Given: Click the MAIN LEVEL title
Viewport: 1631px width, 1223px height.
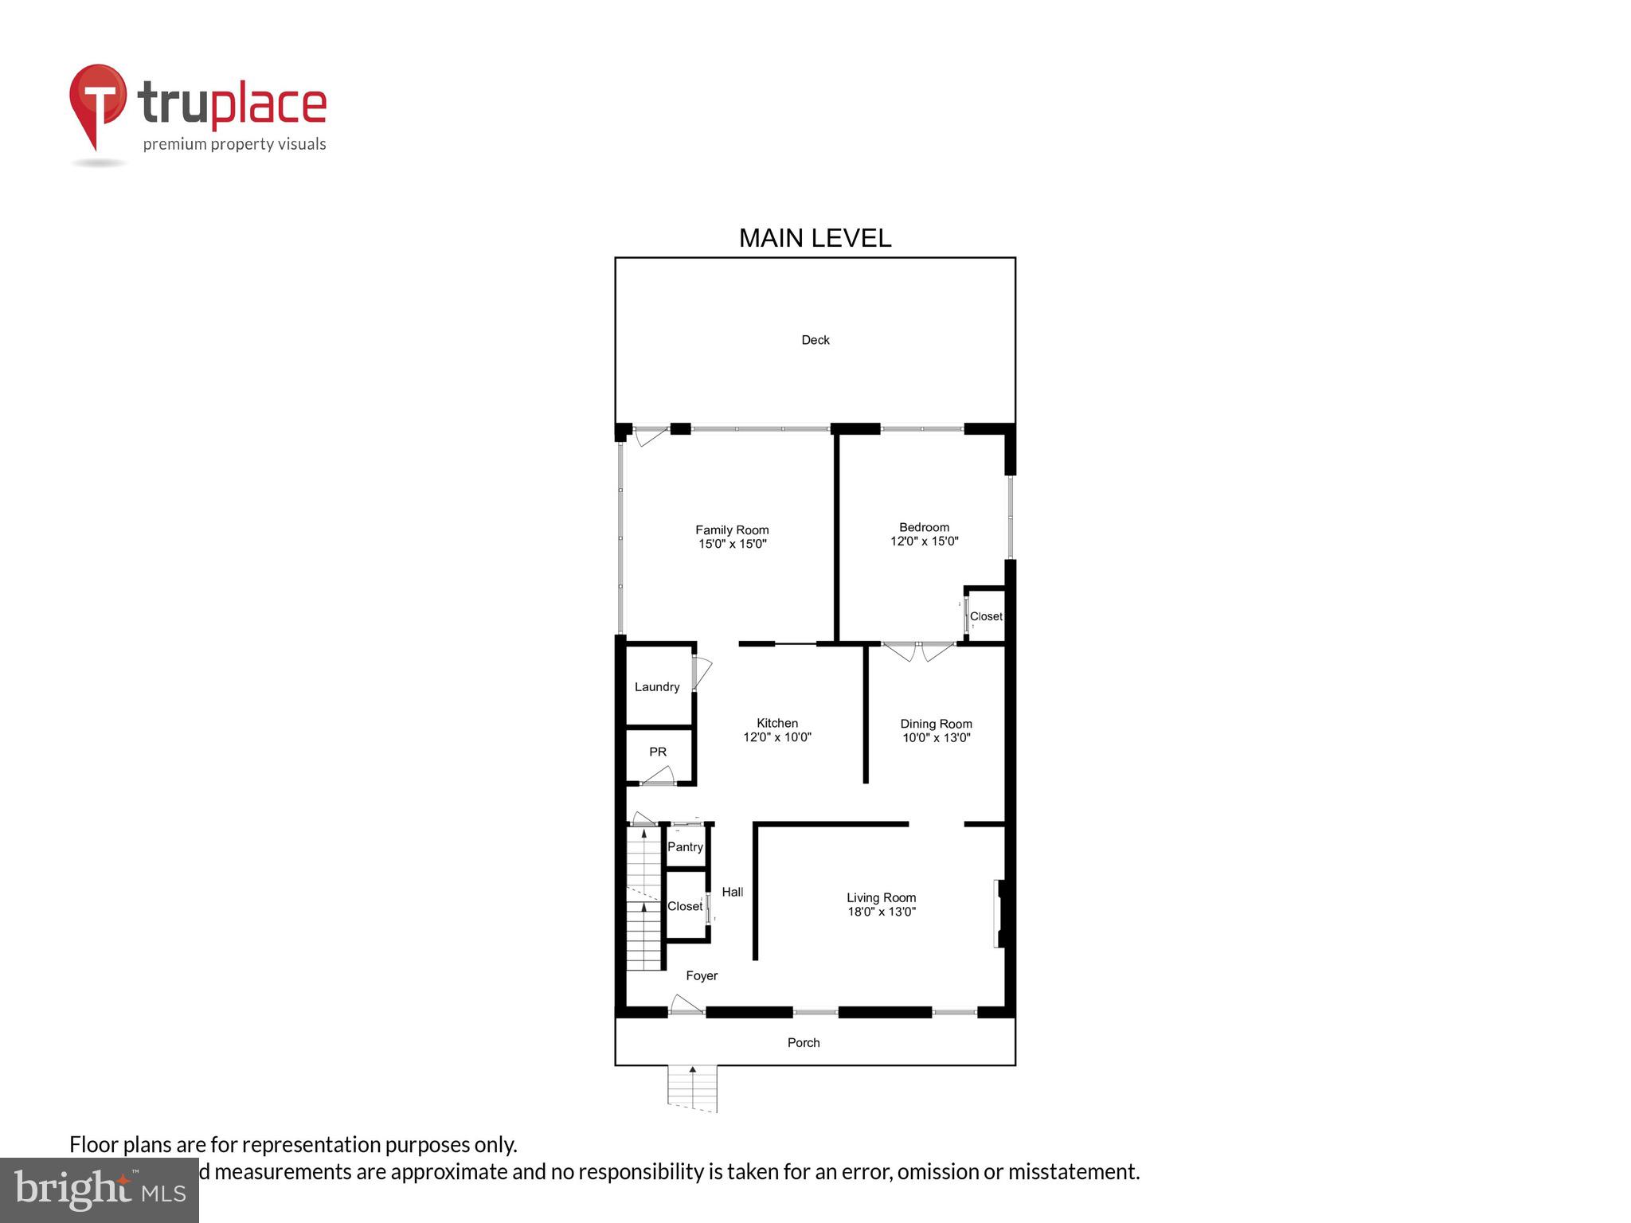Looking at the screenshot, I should pyautogui.click(x=815, y=238).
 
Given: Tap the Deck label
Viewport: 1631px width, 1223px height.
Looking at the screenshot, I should pyautogui.click(x=815, y=340).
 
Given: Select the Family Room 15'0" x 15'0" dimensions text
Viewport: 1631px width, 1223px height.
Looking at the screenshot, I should pyautogui.click(x=732, y=545).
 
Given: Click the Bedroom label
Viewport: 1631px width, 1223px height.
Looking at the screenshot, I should pyautogui.click(x=924, y=527).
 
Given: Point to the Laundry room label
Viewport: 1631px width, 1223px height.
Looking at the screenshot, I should pyautogui.click(x=657, y=687).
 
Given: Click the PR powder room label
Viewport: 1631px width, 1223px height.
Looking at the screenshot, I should pyautogui.click(x=658, y=752).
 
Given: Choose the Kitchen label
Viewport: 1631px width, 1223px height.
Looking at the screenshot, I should pyautogui.click(x=776, y=723).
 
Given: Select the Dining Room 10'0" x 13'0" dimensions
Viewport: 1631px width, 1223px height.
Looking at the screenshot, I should pyautogui.click(x=936, y=738).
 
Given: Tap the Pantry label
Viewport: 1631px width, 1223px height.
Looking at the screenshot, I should pyautogui.click(x=685, y=847).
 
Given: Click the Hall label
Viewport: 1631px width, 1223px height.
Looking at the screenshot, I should pyautogui.click(x=733, y=892).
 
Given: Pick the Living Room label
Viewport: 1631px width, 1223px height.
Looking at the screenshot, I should pyautogui.click(x=881, y=897).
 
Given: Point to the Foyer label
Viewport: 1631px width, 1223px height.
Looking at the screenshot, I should pyautogui.click(x=702, y=975).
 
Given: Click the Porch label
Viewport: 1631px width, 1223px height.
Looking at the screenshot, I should pyautogui.click(x=804, y=1042).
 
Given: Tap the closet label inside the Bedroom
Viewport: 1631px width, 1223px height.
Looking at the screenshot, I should pyautogui.click(x=986, y=616).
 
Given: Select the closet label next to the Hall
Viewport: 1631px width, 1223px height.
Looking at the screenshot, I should pyautogui.click(x=685, y=906).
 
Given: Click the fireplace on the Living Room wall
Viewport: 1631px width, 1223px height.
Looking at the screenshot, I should pyautogui.click(x=999, y=913).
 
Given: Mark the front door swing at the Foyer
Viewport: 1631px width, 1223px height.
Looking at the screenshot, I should pyautogui.click(x=686, y=1005).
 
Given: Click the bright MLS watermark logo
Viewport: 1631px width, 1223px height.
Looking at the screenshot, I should pyautogui.click(x=100, y=1190).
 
